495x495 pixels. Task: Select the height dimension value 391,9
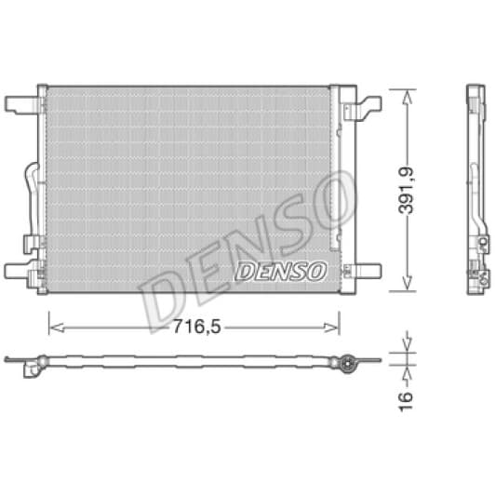click(x=408, y=190)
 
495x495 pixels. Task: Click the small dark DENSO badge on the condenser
click(x=281, y=271)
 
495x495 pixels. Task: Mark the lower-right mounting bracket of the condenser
click(x=365, y=272)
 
